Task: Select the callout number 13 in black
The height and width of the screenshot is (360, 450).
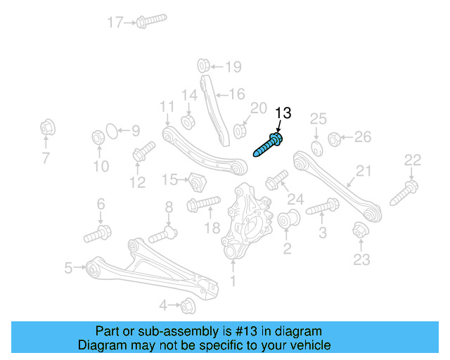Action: pyautogui.click(x=282, y=113)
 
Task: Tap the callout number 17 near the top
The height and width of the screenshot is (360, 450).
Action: pyautogui.click(x=115, y=22)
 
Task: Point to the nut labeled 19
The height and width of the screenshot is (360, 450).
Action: pyautogui.click(x=201, y=66)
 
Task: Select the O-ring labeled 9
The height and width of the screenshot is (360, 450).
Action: pyautogui.click(x=110, y=131)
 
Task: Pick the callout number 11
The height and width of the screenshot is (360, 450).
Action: pyautogui.click(x=166, y=107)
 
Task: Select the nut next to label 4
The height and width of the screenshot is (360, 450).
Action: pyautogui.click(x=188, y=306)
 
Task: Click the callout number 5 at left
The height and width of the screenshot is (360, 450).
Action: pyautogui.click(x=68, y=267)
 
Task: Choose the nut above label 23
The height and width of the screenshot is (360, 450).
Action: pyautogui.click(x=361, y=231)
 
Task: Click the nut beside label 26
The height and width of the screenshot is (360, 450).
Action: pyautogui.click(x=335, y=137)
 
